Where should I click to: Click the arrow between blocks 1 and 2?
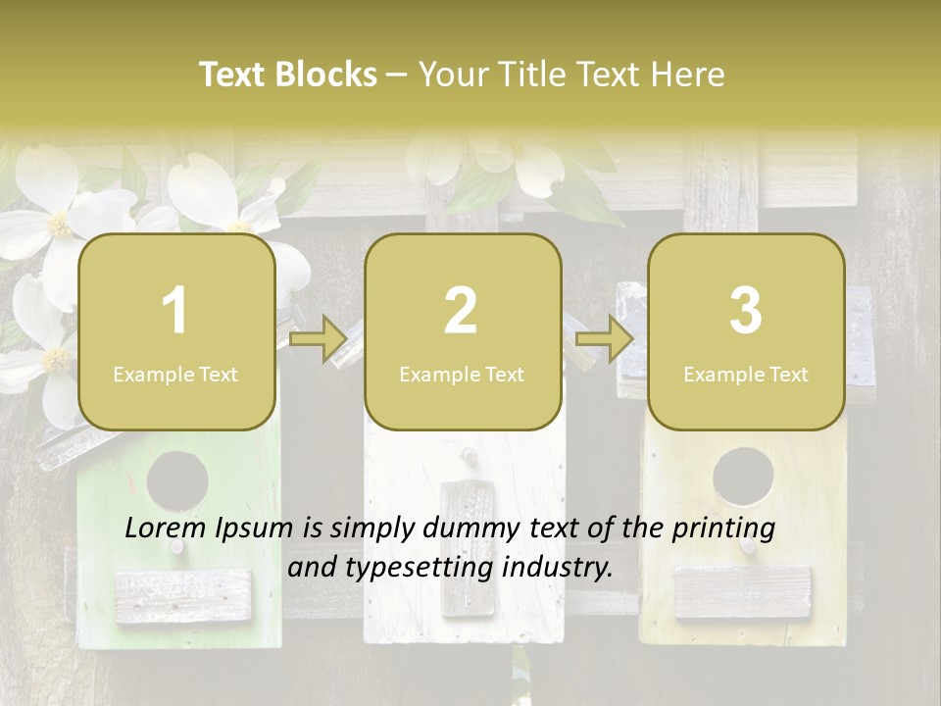point(319,339)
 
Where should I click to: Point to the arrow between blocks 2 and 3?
point(605,339)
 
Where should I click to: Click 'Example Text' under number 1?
point(175,374)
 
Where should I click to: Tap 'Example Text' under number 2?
point(462,374)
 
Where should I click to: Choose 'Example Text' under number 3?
point(746,374)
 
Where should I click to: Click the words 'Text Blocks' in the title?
point(288,75)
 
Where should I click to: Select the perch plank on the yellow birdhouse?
point(743,591)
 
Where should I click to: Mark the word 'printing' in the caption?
point(723,528)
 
